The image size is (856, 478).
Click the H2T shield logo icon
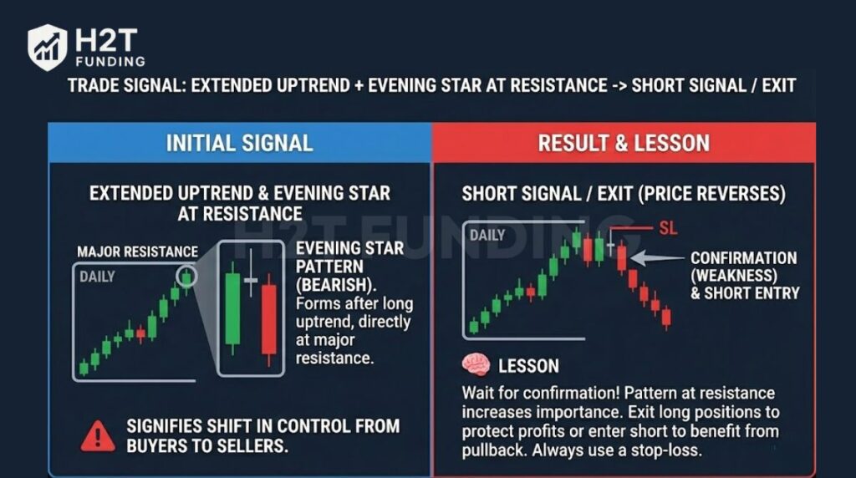(x=48, y=47)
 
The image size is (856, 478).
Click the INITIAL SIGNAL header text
(x=239, y=142)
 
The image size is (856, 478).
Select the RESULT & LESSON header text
(x=624, y=142)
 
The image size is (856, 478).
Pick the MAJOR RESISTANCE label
(x=138, y=252)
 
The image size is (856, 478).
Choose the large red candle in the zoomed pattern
(x=268, y=319)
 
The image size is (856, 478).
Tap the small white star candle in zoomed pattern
(x=250, y=282)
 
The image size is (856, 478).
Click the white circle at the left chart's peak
(x=188, y=277)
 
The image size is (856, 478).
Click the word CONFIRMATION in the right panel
(x=743, y=258)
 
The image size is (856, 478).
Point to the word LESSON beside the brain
(x=528, y=366)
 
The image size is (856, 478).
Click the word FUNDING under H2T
(x=109, y=61)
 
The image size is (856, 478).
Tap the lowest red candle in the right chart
(x=666, y=318)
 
